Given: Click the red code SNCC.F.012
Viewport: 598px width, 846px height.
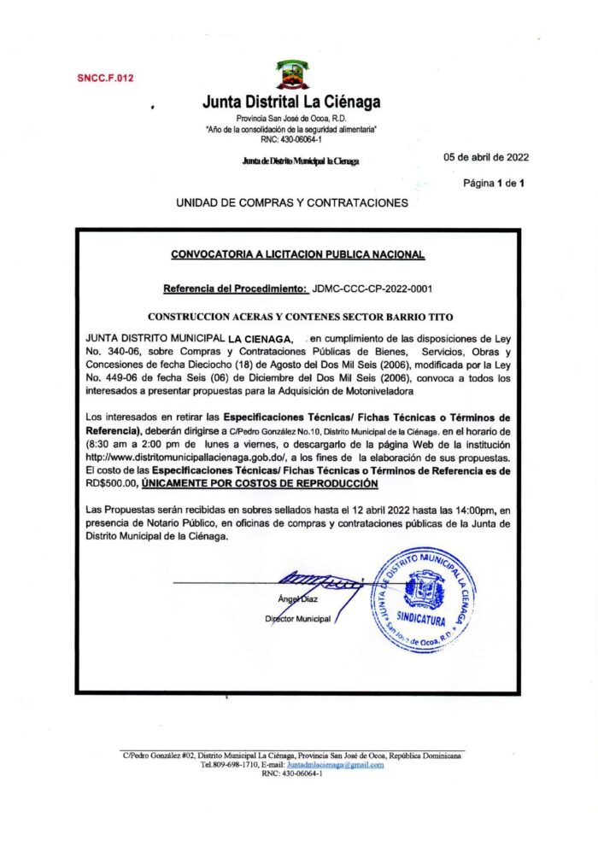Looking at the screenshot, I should (105, 78).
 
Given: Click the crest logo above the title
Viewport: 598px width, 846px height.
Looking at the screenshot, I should (291, 75).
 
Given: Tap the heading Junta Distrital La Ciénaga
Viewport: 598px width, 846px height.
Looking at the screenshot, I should (291, 102).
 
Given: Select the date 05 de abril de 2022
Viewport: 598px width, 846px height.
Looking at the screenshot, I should (487, 157).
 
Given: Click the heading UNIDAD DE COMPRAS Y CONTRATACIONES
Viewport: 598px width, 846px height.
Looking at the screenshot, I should (292, 203).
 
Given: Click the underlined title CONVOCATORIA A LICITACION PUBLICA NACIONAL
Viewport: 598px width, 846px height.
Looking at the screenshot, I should (298, 254).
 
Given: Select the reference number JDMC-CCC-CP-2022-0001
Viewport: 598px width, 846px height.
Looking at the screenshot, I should (373, 289).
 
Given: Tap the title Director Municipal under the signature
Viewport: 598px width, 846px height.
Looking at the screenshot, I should (297, 618).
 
